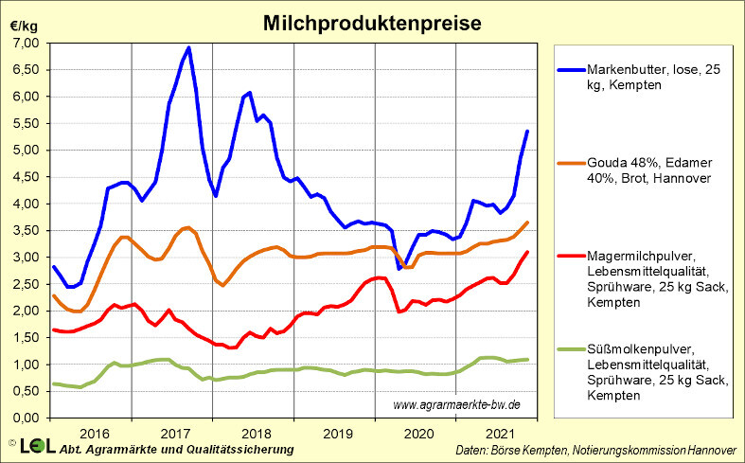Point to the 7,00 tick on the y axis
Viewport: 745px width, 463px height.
[26, 44]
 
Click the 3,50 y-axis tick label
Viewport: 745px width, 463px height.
[26, 231]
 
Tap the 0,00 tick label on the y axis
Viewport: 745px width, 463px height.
[26, 418]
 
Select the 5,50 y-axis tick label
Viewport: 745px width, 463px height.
[26, 124]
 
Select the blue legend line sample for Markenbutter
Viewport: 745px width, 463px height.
[571, 71]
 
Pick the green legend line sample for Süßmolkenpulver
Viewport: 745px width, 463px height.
[571, 349]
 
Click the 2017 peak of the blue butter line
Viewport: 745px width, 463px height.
[189, 47]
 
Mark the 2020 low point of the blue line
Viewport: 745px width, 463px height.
[399, 268]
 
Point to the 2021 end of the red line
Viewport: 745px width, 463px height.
[527, 252]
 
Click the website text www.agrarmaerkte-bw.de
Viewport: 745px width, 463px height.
[456, 405]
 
